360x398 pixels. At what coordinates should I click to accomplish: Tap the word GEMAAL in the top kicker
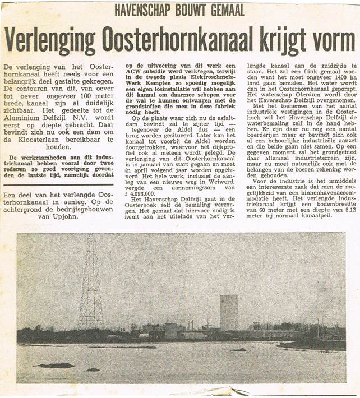coord(227,10)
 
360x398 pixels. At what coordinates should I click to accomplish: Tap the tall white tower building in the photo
coord(228,312)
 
